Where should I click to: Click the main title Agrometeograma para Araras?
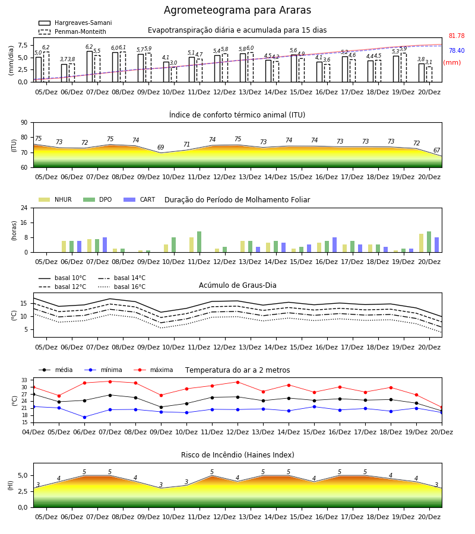(x=237, y=10)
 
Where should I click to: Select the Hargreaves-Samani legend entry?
(x=75, y=23)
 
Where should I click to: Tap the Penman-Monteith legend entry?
(x=72, y=31)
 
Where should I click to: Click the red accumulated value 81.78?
(x=457, y=36)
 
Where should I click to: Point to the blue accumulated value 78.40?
(x=457, y=50)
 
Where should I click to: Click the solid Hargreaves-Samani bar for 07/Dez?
(x=90, y=66)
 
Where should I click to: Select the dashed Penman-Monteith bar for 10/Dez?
(x=174, y=75)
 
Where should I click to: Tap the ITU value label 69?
(x=160, y=147)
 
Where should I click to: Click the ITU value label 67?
(x=437, y=150)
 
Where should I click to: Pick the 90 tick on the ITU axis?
(x=24, y=123)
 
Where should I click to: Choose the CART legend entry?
(x=139, y=199)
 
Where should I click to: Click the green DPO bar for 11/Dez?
(x=199, y=242)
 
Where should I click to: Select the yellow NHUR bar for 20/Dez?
(x=421, y=243)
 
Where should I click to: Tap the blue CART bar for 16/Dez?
(x=335, y=245)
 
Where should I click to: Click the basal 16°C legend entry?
(x=122, y=287)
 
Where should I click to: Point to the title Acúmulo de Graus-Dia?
(x=237, y=285)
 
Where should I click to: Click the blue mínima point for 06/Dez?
(x=84, y=417)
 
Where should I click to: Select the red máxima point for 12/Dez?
(x=237, y=382)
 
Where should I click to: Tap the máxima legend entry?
(x=153, y=370)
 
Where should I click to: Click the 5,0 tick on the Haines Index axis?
(x=23, y=476)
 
